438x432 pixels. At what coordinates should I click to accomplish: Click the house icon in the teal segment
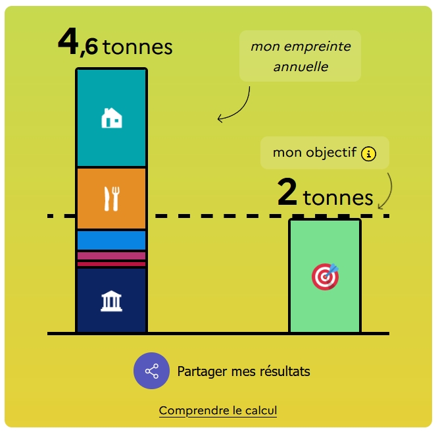pos(111,119)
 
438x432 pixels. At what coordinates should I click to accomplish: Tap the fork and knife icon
pos(112,198)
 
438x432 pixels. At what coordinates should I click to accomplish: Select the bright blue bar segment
pos(111,240)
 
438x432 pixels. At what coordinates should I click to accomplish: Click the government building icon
pos(111,302)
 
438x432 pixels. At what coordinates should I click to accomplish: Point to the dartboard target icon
pos(325,277)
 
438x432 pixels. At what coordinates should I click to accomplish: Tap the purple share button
pos(152,371)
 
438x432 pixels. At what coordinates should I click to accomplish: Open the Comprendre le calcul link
pos(218,411)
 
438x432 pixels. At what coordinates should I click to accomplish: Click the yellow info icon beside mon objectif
pos(369,153)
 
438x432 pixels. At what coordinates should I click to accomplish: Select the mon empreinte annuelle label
pos(300,57)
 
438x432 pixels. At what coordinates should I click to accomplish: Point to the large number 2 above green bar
pos(287,194)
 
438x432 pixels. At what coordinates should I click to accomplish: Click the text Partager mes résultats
pos(243,371)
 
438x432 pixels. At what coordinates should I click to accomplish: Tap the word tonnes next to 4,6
pos(137,47)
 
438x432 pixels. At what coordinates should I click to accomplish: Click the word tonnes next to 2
pos(337,198)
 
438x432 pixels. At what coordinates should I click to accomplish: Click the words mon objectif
pos(314,153)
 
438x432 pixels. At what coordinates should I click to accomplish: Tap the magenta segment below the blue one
pos(111,256)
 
